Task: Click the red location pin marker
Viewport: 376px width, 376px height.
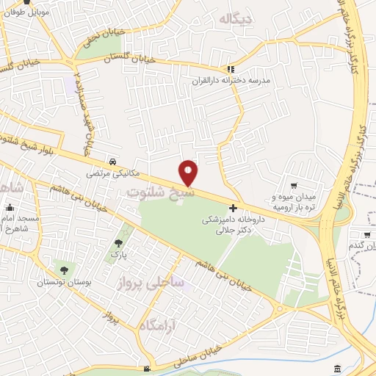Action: pos(189,172)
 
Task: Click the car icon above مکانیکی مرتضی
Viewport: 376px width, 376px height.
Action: pos(112,162)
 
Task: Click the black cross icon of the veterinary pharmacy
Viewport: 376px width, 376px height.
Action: pos(234,209)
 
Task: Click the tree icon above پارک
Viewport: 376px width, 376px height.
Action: pos(118,242)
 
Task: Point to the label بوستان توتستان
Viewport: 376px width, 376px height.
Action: pos(65,283)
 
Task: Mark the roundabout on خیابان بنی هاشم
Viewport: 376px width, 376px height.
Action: pos(278,308)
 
